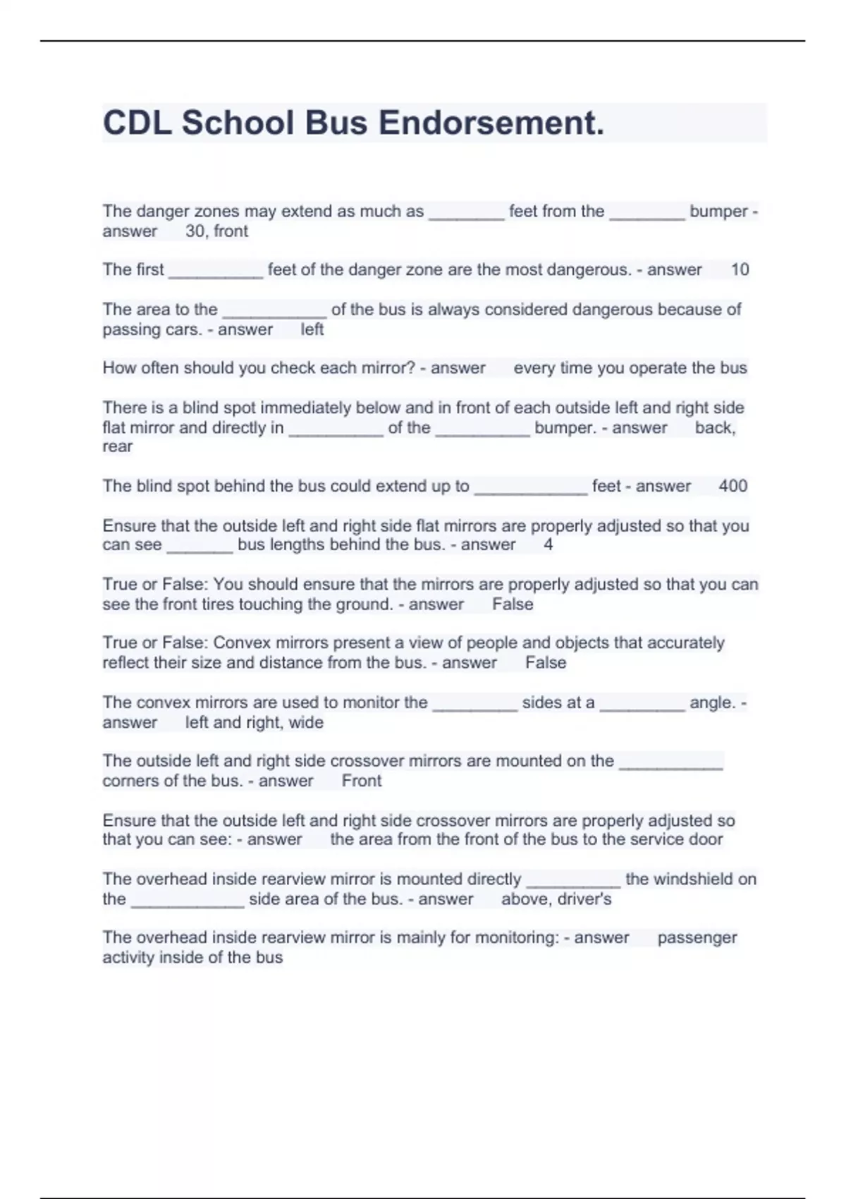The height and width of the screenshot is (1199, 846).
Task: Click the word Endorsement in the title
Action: (491, 123)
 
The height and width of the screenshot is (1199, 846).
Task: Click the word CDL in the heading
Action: (137, 123)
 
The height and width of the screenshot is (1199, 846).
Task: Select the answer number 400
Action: (732, 486)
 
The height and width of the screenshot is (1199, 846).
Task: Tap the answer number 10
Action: (740, 269)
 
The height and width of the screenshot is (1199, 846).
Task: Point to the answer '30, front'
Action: (216, 231)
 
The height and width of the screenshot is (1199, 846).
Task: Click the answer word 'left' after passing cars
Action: (312, 329)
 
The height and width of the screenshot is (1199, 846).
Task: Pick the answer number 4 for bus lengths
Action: (548, 544)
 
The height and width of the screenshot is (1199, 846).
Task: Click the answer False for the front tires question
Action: (513, 604)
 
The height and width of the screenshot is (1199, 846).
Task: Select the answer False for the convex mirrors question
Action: (545, 663)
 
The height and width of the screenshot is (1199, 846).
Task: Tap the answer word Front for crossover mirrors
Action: (361, 781)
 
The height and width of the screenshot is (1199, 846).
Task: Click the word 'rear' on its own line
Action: (117, 446)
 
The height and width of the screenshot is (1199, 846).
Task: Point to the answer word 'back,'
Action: (715, 427)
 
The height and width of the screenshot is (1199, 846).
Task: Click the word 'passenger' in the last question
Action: (697, 937)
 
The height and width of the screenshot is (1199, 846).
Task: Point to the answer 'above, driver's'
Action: (556, 899)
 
